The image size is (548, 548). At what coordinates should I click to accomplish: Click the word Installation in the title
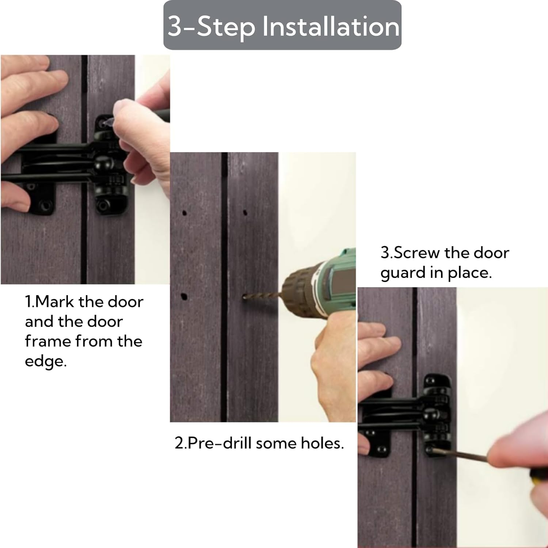[x=331, y=26]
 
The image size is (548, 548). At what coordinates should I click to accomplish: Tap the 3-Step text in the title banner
[x=211, y=26]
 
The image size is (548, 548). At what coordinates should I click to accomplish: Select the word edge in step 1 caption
[x=46, y=361]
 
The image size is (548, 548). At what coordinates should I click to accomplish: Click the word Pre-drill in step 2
[x=219, y=443]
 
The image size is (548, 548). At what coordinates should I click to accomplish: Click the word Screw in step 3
[x=417, y=253]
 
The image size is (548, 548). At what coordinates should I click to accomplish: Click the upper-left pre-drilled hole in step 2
[x=184, y=213]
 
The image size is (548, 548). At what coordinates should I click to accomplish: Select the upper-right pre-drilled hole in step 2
[x=245, y=212]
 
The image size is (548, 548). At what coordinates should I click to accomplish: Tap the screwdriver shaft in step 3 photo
[x=460, y=455]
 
